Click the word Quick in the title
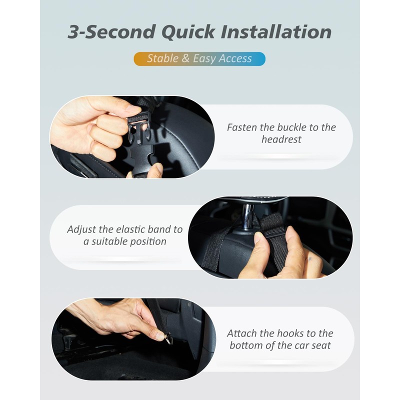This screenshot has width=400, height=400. (188, 32)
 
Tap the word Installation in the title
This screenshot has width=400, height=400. (276, 32)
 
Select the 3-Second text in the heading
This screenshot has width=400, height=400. (111, 32)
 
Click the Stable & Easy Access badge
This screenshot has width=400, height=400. (199, 59)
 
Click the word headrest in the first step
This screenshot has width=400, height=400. (281, 139)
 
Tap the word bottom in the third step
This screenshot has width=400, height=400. (246, 345)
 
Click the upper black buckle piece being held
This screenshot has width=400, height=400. (136, 129)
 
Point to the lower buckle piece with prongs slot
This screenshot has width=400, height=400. (143, 157)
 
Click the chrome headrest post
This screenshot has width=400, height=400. (247, 217)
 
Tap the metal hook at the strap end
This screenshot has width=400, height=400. (168, 338)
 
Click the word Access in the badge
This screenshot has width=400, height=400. (235, 58)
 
